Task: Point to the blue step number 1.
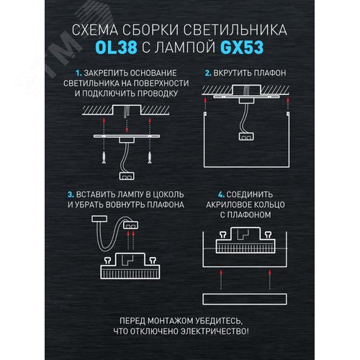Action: pyautogui.click(x=77, y=73)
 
